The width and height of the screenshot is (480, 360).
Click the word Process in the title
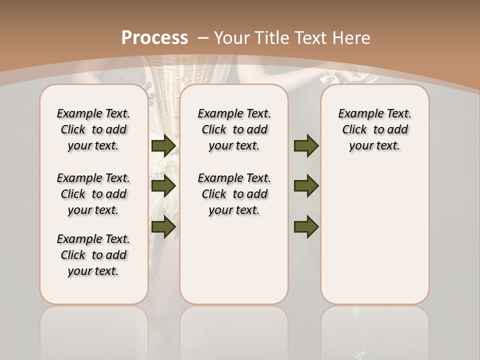[154, 37]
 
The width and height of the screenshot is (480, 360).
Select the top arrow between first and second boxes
[163, 145]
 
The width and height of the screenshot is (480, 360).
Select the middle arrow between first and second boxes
[163, 186]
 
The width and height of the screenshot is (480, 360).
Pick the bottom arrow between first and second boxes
[163, 226]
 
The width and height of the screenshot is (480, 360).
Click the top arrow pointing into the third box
[306, 145]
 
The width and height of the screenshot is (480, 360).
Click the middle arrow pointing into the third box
[306, 186]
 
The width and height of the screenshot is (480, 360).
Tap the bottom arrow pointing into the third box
[306, 226]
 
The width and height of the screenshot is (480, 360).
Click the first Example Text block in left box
[93, 129]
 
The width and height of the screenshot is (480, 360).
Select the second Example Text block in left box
[93, 194]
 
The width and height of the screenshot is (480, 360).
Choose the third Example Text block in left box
[93, 255]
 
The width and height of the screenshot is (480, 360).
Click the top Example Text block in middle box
[234, 129]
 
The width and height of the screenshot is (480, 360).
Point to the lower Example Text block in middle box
[234, 194]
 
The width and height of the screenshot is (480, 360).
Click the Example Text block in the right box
[374, 129]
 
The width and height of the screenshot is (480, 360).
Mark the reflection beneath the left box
[93, 330]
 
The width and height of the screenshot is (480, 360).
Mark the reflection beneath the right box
[374, 330]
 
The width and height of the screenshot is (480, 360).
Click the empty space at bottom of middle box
[234, 265]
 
